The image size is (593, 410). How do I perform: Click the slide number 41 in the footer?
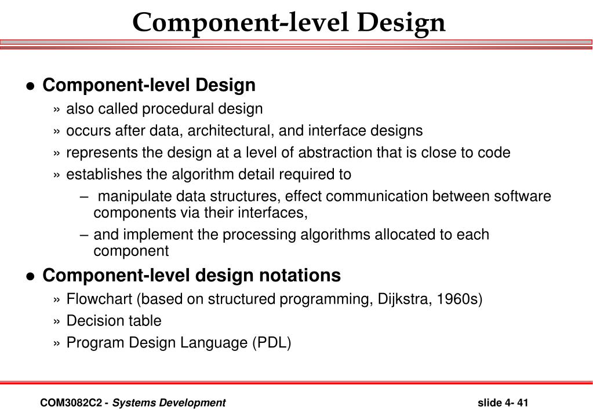point(522,402)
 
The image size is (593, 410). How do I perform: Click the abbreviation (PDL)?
point(271,342)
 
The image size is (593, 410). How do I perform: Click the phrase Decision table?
point(114,320)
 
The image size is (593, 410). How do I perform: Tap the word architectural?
point(234,131)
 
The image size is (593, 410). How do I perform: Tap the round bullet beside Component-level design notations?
point(31,276)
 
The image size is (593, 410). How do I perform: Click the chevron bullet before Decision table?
point(56,321)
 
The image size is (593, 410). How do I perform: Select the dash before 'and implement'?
point(84,235)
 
